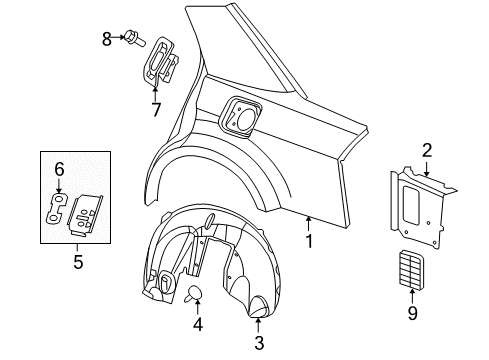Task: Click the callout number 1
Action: click(x=309, y=241)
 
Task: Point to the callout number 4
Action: click(x=197, y=324)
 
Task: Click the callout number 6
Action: click(x=58, y=170)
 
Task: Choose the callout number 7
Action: click(x=156, y=108)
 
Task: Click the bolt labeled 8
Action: click(x=132, y=39)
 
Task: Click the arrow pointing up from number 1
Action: click(x=309, y=224)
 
